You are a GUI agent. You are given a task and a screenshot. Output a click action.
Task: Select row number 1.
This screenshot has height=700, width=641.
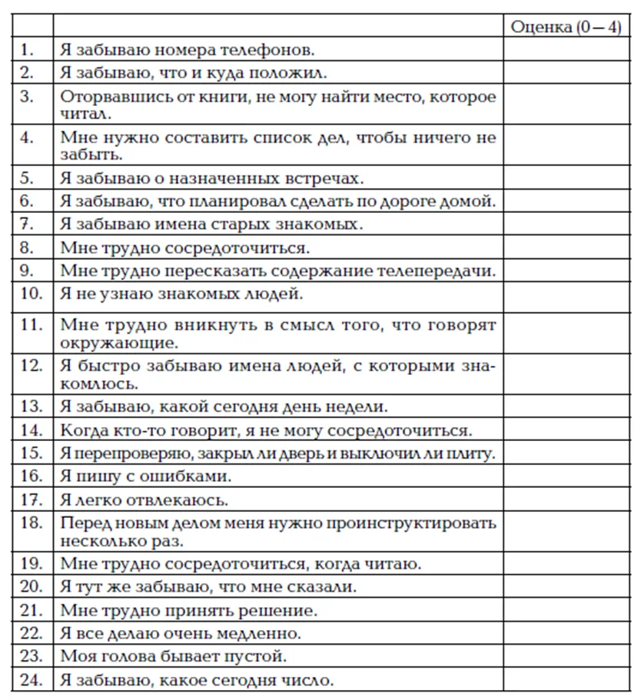point(28,51)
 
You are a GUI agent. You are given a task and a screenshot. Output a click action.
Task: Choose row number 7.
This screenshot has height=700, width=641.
point(28,225)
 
